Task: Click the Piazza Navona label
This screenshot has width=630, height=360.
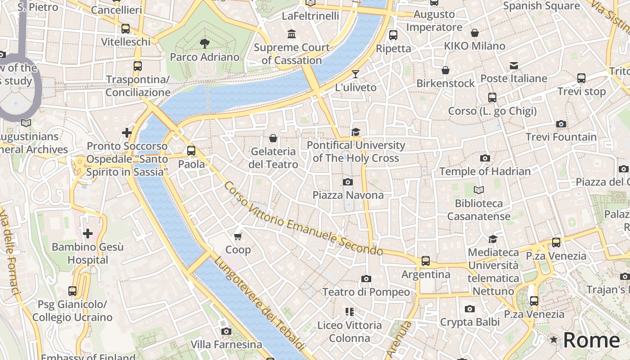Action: click(x=348, y=195)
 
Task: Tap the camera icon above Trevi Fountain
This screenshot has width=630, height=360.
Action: click(x=561, y=124)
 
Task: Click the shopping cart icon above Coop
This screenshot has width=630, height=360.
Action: click(x=238, y=236)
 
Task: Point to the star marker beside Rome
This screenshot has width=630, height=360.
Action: click(x=553, y=340)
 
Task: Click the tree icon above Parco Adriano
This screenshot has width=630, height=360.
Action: click(x=205, y=44)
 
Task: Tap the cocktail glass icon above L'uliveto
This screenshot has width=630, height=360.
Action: click(x=355, y=74)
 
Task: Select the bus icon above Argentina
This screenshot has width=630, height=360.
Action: click(x=425, y=261)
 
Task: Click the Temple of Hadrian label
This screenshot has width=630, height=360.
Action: click(x=485, y=171)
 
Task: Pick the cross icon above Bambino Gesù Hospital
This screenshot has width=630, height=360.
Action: click(x=88, y=234)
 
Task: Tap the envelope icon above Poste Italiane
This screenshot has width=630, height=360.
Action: click(x=513, y=66)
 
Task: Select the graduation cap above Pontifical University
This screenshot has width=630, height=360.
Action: click(x=355, y=132)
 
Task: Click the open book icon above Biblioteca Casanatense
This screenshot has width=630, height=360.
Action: click(x=478, y=190)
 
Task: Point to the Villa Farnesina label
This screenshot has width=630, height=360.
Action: click(x=226, y=345)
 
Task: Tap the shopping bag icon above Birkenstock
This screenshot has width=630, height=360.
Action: click(x=445, y=70)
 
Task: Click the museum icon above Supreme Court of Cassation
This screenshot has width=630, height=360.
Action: click(x=292, y=34)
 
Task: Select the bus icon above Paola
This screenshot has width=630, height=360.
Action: click(x=191, y=151)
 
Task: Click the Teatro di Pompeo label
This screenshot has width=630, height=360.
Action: click(x=366, y=292)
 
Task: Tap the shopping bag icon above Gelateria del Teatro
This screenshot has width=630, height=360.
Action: click(x=273, y=138)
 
